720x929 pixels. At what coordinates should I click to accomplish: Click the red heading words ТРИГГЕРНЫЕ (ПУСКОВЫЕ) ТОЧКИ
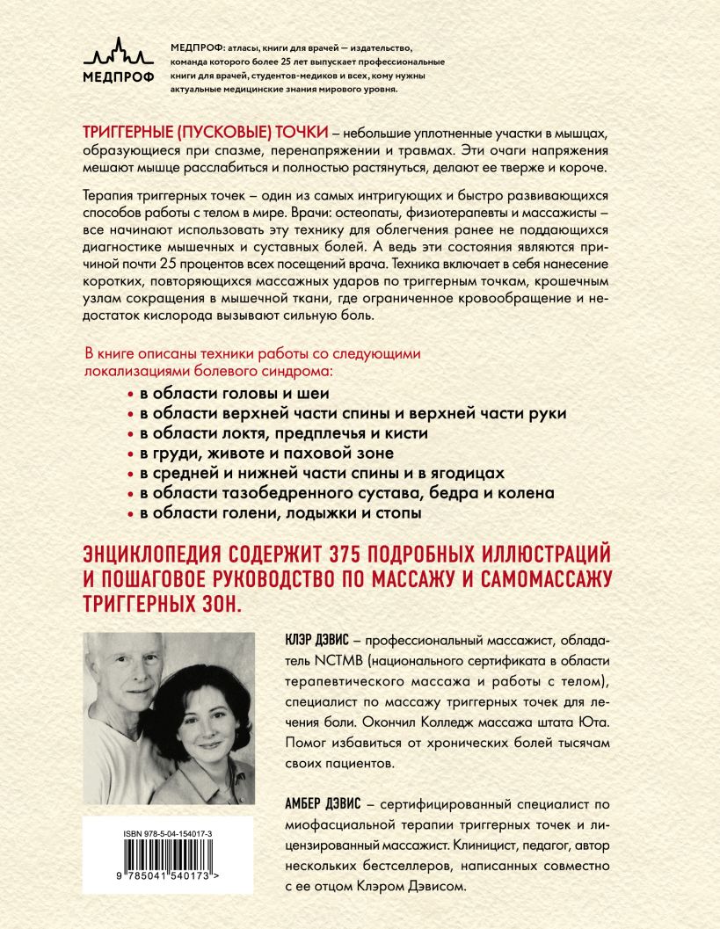[x=204, y=131]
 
